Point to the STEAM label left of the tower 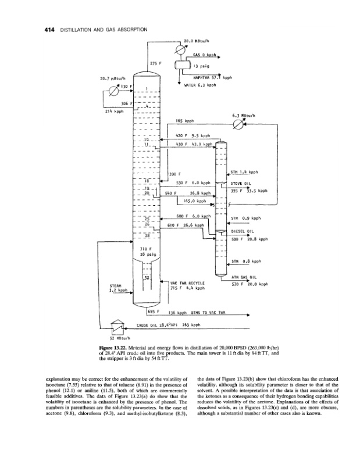(x=114, y=285)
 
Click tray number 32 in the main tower (x=147, y=277)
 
